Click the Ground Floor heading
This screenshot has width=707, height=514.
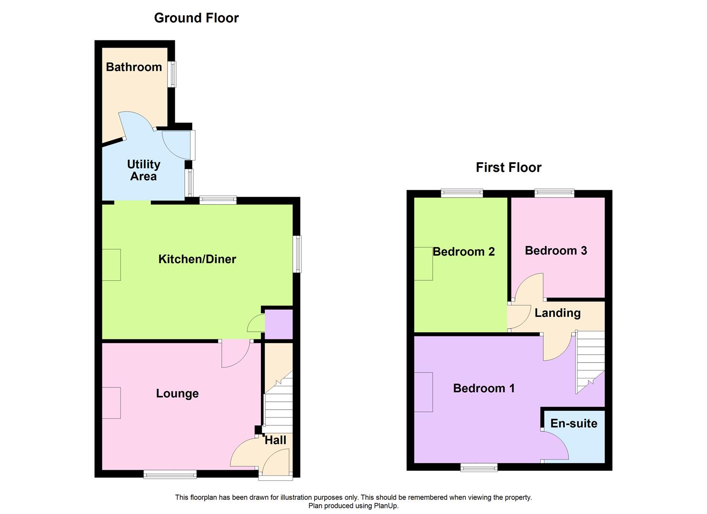pos(196,18)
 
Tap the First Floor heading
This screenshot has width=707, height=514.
pos(508,167)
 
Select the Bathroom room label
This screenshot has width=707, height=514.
pos(134,67)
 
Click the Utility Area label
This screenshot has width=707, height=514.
pos(144,170)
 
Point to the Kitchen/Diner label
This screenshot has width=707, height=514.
pos(197,259)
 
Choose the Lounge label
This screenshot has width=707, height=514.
pos(178,394)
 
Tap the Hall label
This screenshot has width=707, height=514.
pos(275,440)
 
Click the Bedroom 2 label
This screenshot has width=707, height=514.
pos(464,251)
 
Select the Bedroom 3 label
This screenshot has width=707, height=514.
pos(556,250)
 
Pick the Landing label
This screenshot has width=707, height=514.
pos(558,313)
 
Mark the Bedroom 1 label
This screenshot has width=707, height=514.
pos(484,388)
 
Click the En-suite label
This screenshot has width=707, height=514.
pos(574,424)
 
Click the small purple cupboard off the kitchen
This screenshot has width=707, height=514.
pos(279,325)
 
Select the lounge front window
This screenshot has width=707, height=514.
pos(170,474)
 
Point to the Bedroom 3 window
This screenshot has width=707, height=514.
pos(554,193)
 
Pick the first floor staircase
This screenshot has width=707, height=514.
pos(590,362)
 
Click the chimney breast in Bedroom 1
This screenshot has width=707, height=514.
pos(423,392)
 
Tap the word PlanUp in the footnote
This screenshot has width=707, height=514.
pos(386,506)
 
